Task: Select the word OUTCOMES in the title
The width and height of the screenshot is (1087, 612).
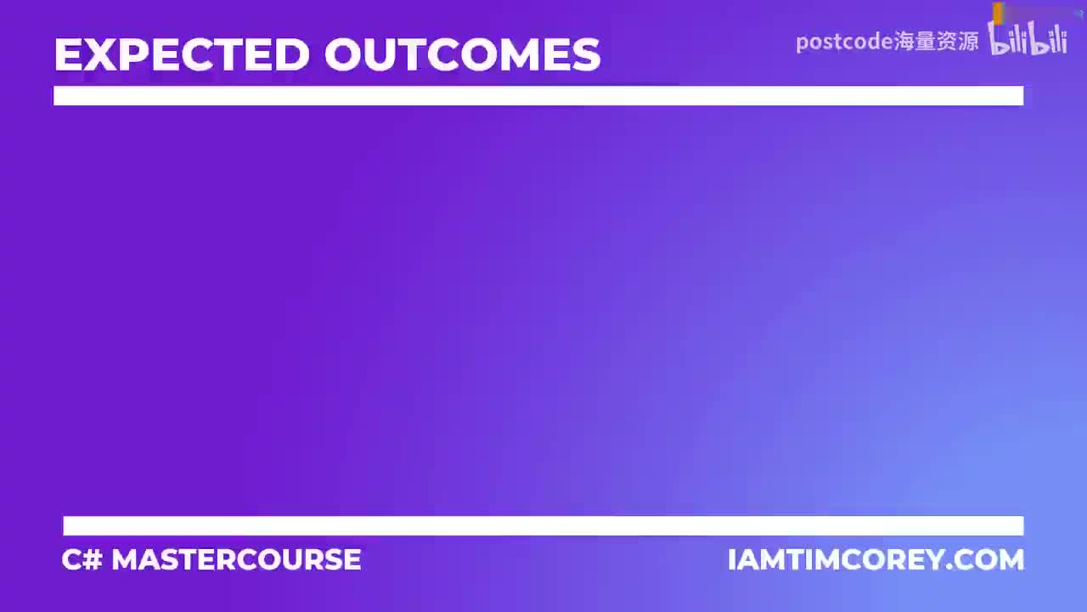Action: coord(463,55)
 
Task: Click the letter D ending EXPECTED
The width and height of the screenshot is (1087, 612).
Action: coord(291,55)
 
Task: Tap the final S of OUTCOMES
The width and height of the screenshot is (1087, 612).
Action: coord(585,55)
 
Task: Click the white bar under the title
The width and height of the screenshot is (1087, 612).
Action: coord(538,95)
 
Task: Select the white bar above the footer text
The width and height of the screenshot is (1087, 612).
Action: coord(543,525)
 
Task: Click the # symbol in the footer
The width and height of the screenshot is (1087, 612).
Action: coord(93,559)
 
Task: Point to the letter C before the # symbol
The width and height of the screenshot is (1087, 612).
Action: coord(71,559)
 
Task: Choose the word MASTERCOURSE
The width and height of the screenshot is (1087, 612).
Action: coord(236,559)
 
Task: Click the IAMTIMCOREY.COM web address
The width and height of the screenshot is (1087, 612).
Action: coord(876,559)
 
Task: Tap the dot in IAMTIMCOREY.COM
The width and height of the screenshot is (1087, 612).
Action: coord(952,567)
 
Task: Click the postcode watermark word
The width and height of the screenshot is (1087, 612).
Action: coord(843,41)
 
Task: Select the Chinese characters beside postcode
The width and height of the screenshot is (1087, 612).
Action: coord(936,41)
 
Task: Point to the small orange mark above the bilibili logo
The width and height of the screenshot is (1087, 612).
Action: coord(999,13)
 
